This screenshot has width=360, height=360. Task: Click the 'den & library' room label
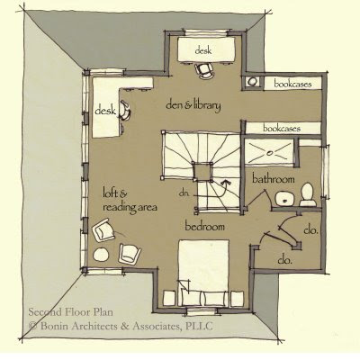click(193, 105)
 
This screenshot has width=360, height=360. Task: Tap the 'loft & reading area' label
click(130, 200)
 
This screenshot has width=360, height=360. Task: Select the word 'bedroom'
click(204, 226)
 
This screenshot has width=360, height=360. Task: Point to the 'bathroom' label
click(273, 179)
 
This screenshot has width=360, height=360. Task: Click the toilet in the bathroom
click(308, 194)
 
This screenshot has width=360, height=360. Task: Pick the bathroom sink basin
click(285, 199)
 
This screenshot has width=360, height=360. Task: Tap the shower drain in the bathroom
click(270, 153)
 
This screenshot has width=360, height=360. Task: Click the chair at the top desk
click(204, 71)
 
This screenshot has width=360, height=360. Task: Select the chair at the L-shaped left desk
click(125, 110)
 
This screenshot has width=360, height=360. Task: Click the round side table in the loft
click(101, 255)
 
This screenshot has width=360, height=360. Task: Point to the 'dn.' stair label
click(184, 193)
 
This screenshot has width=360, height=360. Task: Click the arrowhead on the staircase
click(225, 182)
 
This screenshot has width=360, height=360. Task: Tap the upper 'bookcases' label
click(292, 84)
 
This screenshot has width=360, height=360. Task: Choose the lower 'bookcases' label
click(282, 129)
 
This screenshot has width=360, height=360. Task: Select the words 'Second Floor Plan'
click(71, 312)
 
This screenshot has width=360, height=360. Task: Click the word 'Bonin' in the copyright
click(53, 326)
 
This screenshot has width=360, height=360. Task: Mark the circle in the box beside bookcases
click(253, 81)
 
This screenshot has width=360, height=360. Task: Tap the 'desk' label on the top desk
click(203, 50)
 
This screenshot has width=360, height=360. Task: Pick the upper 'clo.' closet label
click(310, 230)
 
